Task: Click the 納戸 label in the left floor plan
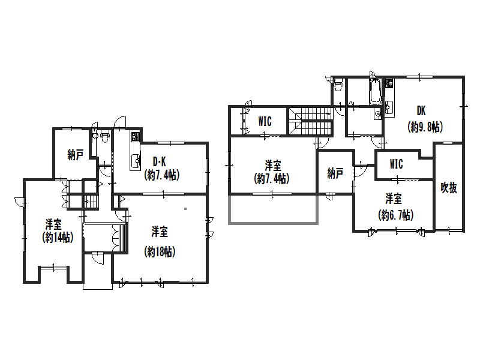click(76, 155)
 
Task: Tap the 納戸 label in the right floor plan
click(335, 173)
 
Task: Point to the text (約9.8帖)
click(425, 127)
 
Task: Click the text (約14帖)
click(58, 238)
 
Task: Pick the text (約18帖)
click(160, 251)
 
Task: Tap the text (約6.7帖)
click(395, 215)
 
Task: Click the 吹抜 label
click(449, 187)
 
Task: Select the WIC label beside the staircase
click(265, 121)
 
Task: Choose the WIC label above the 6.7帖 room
click(396, 164)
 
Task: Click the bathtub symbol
click(375, 91)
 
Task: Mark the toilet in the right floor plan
click(338, 85)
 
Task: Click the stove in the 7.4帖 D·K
click(136, 137)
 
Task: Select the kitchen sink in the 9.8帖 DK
click(389, 107)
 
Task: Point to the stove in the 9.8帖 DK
click(389, 83)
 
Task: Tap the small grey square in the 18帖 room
click(185, 209)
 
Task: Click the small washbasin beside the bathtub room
click(378, 114)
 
